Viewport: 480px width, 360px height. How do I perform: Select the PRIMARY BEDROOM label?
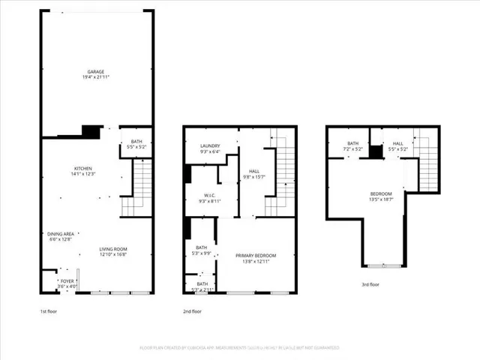point(255,256)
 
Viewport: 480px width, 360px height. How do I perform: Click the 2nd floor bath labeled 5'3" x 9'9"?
point(202,247)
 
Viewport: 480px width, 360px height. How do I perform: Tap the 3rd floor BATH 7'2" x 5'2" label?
point(352,142)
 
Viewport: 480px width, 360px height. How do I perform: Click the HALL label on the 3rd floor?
point(397,142)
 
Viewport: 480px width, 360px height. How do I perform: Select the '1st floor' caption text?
point(51,310)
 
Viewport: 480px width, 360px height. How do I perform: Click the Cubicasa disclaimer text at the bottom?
point(240,348)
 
